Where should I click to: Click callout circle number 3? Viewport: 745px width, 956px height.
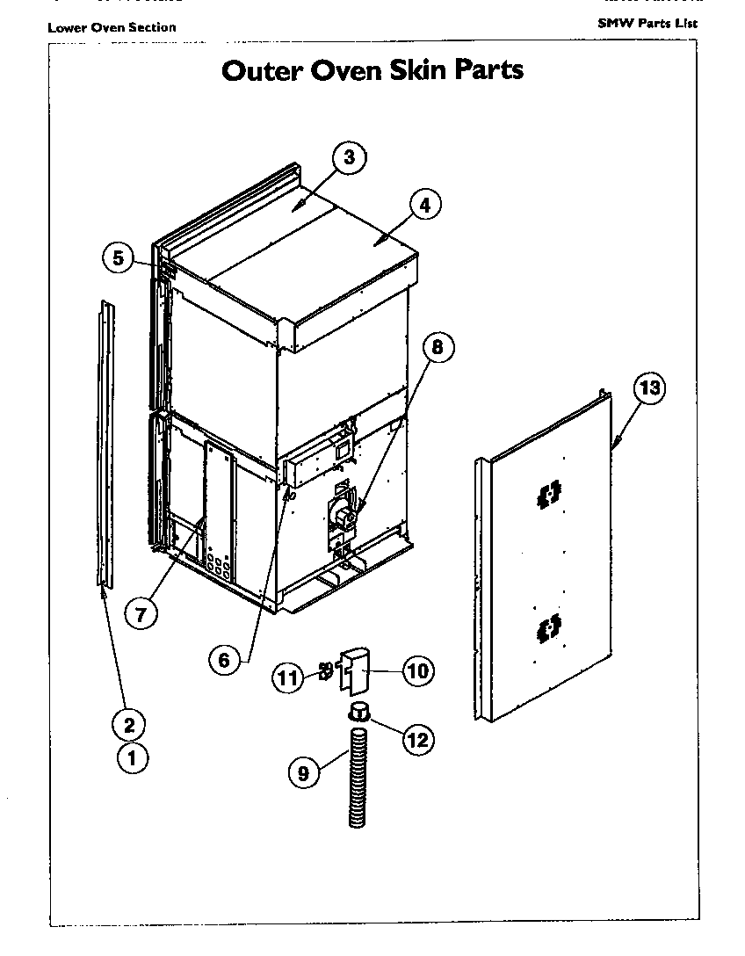[x=349, y=158]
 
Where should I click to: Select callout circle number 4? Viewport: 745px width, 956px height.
[x=424, y=206]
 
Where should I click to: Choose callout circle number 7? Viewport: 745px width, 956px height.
[x=141, y=612]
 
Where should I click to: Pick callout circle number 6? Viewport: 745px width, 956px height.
[x=225, y=659]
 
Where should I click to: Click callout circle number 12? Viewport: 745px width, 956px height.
[x=417, y=740]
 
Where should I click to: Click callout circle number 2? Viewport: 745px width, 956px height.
[x=129, y=725]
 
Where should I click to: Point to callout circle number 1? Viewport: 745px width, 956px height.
[x=133, y=757]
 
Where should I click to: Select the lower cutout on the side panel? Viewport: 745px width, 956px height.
[x=548, y=627]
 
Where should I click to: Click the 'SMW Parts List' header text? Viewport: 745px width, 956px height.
[x=647, y=23]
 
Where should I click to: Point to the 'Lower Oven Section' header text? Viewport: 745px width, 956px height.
[x=112, y=27]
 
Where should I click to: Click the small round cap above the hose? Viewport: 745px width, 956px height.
[x=360, y=711]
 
